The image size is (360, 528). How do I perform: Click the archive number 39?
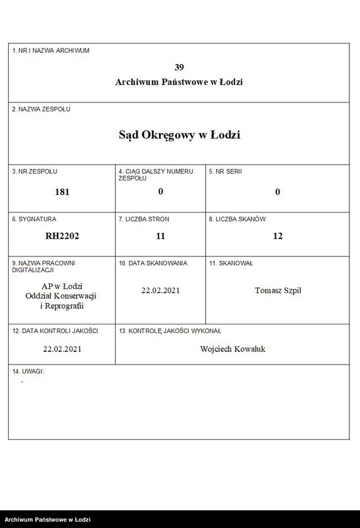tap(179, 67)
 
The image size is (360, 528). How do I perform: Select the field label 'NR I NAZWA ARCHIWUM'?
tap(51, 50)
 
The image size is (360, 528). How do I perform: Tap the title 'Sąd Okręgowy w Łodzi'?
tap(179, 135)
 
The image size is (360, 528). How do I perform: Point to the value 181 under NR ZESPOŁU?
tap(62, 192)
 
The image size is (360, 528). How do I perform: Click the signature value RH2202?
tap(62, 236)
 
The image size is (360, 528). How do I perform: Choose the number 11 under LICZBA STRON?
tap(160, 236)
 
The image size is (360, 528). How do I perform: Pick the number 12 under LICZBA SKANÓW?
tap(278, 236)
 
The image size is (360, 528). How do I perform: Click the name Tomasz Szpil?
tap(278, 290)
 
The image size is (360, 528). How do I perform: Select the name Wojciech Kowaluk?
tap(232, 349)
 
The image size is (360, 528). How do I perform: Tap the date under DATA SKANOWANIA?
tap(160, 290)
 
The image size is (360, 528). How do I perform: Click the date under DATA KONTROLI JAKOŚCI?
tap(62, 349)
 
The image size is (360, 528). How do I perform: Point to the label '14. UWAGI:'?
tap(28, 371)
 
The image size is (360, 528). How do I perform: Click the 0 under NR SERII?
tap(278, 192)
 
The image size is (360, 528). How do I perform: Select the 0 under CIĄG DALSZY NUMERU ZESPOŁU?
tap(160, 191)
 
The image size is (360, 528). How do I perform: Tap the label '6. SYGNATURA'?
tap(35, 219)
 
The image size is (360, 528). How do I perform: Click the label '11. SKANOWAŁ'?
tap(231, 263)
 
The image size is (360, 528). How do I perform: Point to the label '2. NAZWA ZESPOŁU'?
tap(41, 109)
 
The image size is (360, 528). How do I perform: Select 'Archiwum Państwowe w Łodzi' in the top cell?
tap(179, 82)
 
